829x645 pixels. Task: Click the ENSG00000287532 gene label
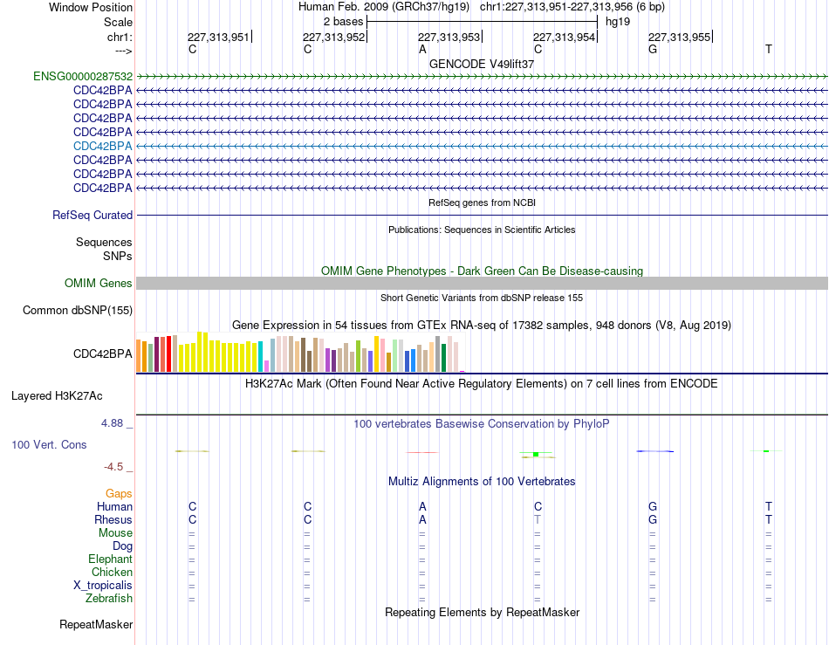[x=83, y=76]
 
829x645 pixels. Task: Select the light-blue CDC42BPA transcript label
[x=103, y=146]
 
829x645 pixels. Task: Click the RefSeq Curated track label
[x=92, y=216]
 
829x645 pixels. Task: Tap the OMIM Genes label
[x=98, y=284]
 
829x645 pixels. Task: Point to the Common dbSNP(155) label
[x=77, y=311]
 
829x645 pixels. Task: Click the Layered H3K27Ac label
[x=57, y=396]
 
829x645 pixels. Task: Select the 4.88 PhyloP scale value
[x=112, y=423]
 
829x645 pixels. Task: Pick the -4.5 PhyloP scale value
[x=113, y=466]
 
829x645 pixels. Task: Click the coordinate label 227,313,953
[x=449, y=37]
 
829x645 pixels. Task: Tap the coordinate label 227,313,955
[x=680, y=37]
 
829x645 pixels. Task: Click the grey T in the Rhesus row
[x=538, y=519]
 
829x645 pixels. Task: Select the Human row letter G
[x=653, y=506]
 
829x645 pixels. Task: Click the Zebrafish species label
[x=109, y=599]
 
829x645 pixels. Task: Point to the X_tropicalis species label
[x=103, y=586]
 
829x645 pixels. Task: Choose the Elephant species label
[x=110, y=559]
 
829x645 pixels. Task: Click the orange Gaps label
[x=119, y=493]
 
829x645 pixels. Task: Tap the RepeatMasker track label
[x=96, y=624]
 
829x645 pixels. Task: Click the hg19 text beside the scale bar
[x=618, y=22]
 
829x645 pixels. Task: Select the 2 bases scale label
[x=344, y=22]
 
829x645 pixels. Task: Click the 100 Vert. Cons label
[x=49, y=444]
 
